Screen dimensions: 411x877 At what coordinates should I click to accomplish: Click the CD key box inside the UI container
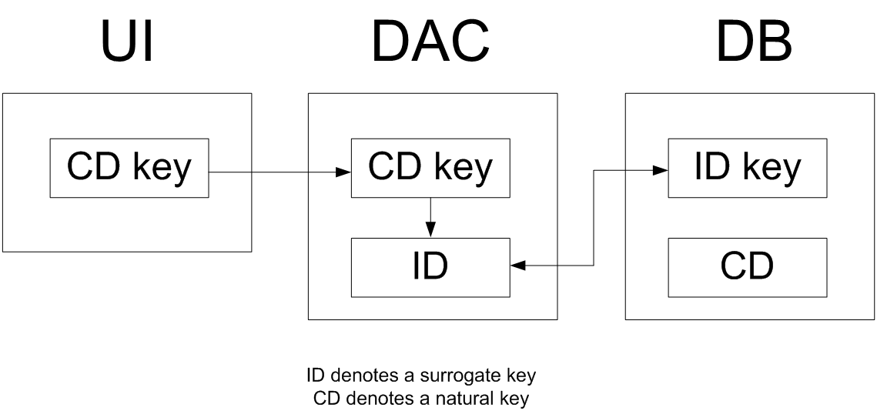coord(129,168)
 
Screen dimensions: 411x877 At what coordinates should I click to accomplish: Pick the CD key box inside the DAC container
coord(430,168)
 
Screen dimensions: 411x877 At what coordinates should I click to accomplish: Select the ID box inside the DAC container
coord(430,267)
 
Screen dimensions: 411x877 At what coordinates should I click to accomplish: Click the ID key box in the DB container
coord(747,168)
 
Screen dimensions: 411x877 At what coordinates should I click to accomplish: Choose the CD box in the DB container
coord(747,267)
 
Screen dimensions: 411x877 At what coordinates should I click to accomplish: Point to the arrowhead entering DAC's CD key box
coord(345,172)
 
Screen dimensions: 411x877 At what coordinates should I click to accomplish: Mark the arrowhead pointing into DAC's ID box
coord(517,266)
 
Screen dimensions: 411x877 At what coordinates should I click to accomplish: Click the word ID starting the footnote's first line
coord(313,376)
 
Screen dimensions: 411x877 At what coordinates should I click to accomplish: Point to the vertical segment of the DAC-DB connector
coord(594,219)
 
